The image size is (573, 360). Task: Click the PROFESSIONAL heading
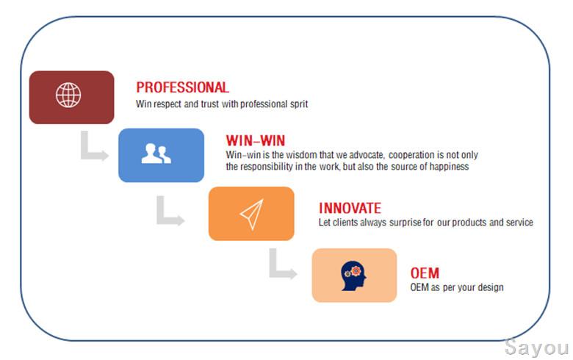182,87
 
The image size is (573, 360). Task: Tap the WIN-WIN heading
256,141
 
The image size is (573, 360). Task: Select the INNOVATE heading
350,209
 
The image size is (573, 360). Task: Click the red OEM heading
425,273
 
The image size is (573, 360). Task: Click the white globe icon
68,95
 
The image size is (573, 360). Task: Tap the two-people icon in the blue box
156,154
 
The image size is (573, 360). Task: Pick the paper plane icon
252,215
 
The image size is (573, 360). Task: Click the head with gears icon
353,276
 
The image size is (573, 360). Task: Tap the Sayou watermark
536,348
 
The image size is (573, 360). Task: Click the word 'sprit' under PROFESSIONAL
299,104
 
